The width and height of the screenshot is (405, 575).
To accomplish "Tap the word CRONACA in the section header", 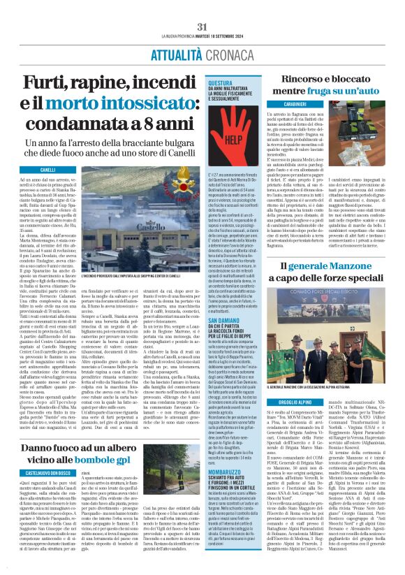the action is (x=226, y=43).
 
